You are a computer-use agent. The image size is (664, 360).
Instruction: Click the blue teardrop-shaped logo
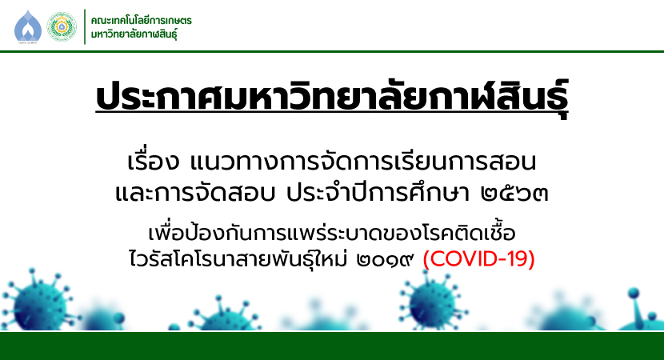coord(28,26)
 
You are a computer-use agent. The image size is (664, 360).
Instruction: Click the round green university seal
coord(62,26)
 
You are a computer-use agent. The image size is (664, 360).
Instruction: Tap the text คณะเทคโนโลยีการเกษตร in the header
coord(141,20)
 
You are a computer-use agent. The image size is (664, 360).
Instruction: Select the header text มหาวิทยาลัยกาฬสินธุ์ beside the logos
coord(134,34)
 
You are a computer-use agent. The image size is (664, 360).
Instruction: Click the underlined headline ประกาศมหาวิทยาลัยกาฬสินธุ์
coord(332,98)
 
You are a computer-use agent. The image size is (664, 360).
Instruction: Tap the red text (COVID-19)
coord(479,258)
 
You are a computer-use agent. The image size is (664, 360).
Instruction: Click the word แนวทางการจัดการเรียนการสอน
coord(363,162)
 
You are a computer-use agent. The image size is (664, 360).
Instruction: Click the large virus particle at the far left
coord(38,302)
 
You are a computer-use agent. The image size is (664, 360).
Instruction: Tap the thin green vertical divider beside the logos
coord(85,26)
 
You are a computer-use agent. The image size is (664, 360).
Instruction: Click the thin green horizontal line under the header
coord(332,52)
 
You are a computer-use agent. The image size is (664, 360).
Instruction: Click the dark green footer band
coord(332,346)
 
